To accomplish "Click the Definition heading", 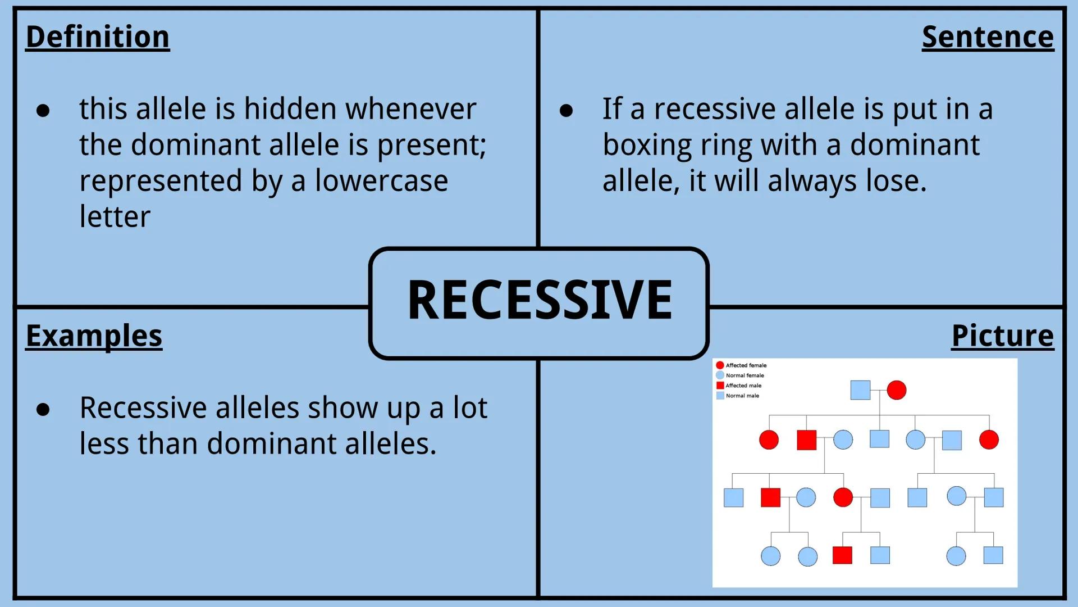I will click(x=97, y=37).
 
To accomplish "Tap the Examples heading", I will click(x=94, y=336).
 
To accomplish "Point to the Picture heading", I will click(x=1002, y=336).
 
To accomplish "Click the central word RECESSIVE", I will click(x=539, y=301).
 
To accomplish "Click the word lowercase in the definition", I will click(x=381, y=182).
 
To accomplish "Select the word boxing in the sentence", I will click(x=647, y=146).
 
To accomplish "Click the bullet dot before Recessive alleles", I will click(x=43, y=410).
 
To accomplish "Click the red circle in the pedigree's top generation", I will click(x=896, y=390).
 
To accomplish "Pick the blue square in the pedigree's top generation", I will click(x=860, y=390).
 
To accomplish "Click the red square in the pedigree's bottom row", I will click(x=842, y=555).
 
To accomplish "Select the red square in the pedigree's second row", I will click(x=806, y=440).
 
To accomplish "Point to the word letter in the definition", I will click(x=115, y=218).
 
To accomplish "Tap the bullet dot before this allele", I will click(x=43, y=111).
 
